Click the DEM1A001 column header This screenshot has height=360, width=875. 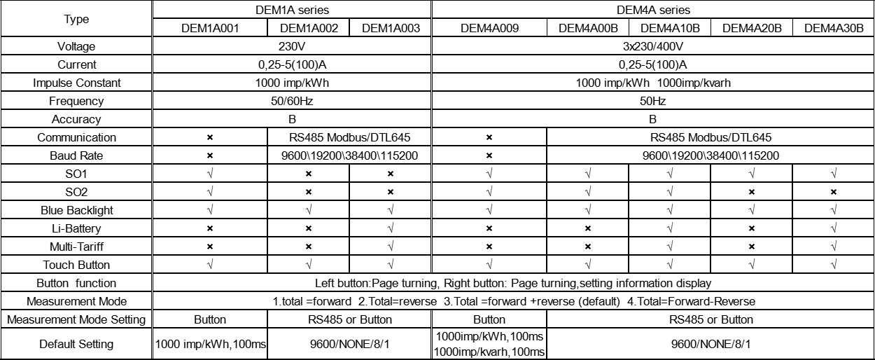point(210,29)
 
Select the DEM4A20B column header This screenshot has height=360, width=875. point(752,29)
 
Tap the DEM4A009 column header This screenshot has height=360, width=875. point(489,29)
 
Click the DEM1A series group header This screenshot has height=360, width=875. point(293,10)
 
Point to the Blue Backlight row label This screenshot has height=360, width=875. point(77,210)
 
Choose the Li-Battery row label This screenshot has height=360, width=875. point(77,228)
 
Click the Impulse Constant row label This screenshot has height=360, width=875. point(77,83)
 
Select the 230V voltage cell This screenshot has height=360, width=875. point(293,46)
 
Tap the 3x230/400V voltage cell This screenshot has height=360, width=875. point(653,46)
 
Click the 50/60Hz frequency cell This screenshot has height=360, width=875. point(293,101)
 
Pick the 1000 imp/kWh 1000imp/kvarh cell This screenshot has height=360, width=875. point(653,83)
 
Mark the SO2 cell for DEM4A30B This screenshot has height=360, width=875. point(834,192)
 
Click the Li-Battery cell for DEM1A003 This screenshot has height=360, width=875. point(391,228)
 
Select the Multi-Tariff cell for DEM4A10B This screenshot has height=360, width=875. point(670,247)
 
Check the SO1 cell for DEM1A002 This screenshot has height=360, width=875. point(308,174)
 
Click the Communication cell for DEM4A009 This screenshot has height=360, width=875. point(489,137)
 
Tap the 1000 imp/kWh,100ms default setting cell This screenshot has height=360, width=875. point(210,344)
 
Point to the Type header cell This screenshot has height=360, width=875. point(77,19)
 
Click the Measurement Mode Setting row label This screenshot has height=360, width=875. point(77,319)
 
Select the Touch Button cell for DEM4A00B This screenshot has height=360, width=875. point(588,265)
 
